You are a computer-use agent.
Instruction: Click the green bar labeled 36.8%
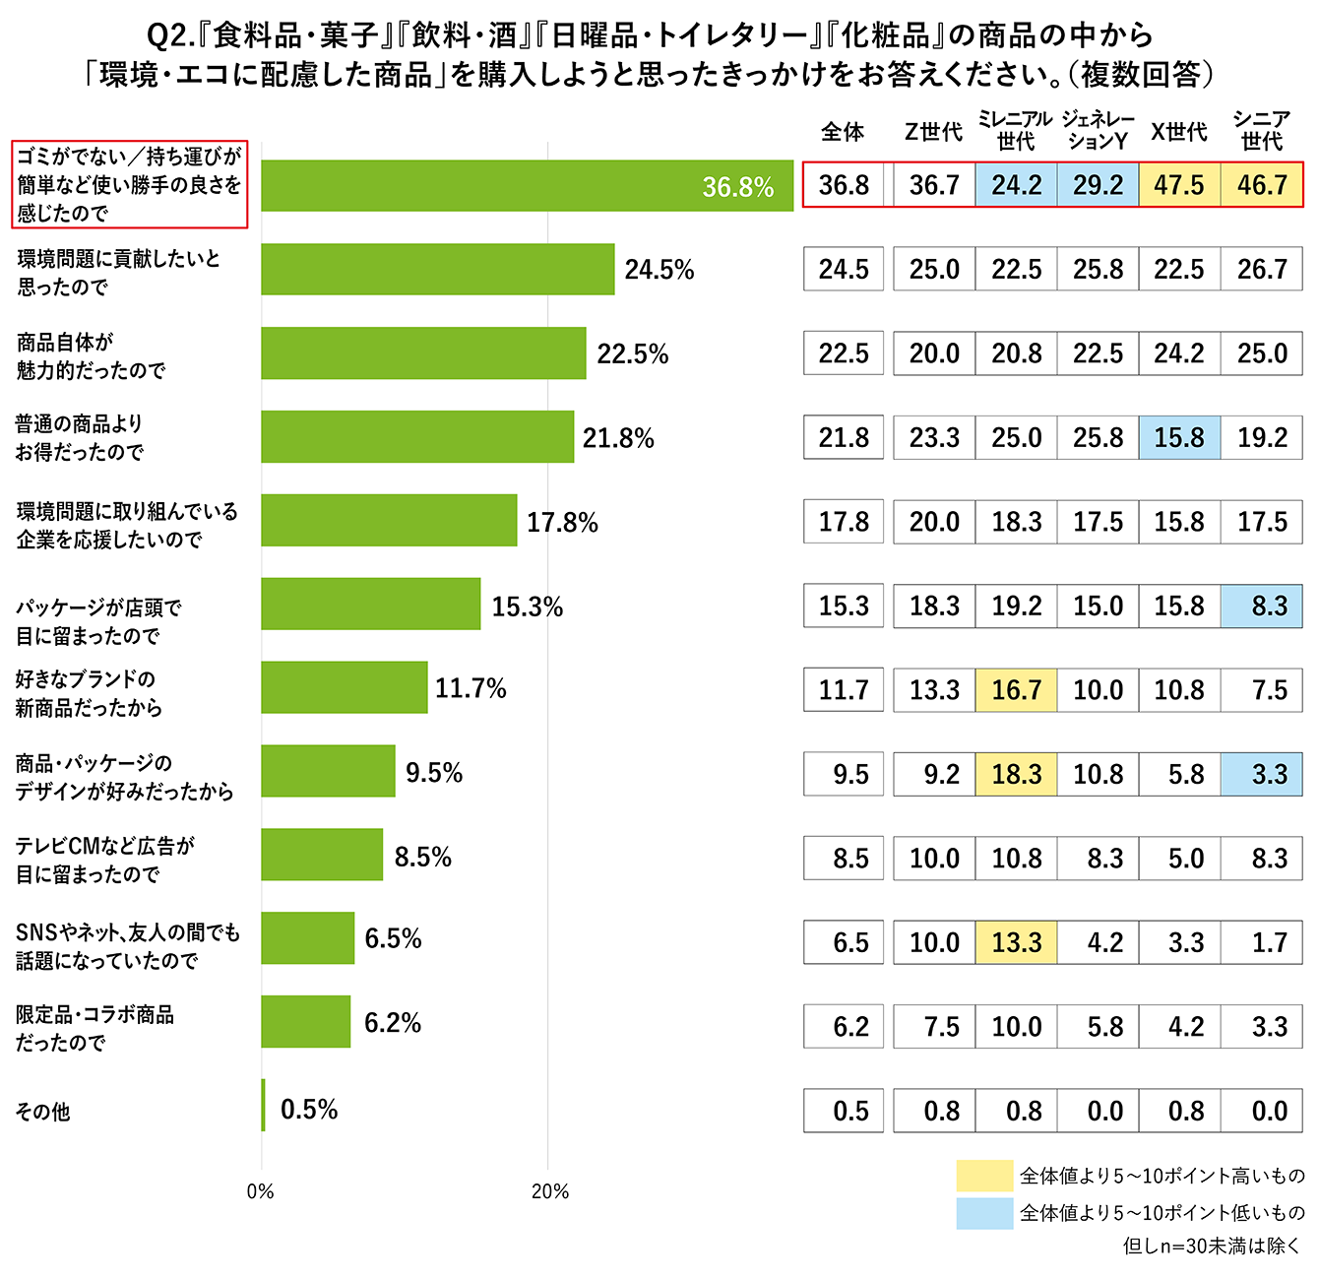(x=527, y=186)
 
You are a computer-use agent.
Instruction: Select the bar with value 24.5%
(x=437, y=270)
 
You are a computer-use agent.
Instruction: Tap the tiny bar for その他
(x=264, y=1106)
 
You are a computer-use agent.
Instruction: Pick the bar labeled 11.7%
(x=344, y=687)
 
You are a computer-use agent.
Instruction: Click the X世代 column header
(x=1179, y=132)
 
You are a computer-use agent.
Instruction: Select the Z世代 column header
(x=933, y=132)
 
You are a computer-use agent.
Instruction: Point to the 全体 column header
(x=843, y=132)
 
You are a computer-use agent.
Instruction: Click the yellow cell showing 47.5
(x=1179, y=185)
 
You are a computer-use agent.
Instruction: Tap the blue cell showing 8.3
(x=1262, y=606)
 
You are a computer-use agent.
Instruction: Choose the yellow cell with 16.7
(x=1016, y=689)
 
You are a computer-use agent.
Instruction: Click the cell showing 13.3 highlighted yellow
(x=1016, y=942)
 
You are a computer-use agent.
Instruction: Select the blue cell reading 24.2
(x=1016, y=185)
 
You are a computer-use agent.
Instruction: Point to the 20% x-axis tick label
(x=549, y=1191)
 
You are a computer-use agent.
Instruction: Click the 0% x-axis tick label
(x=261, y=1191)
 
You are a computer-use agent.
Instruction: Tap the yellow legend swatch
(x=983, y=1176)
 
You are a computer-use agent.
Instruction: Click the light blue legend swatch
(x=983, y=1213)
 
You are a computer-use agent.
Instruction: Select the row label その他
(x=43, y=1112)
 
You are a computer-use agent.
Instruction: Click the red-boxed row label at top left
(x=129, y=184)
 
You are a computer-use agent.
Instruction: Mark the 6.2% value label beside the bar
(x=393, y=1023)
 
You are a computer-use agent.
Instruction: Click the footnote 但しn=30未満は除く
(x=1212, y=1247)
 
